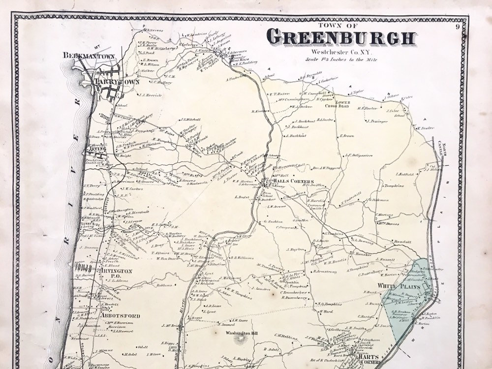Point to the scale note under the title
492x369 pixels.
click(x=341, y=59)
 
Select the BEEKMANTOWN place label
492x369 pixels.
click(x=89, y=57)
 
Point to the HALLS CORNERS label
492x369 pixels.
click(x=293, y=182)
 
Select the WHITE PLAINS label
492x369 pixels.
click(x=398, y=286)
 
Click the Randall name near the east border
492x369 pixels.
click(x=401, y=242)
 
